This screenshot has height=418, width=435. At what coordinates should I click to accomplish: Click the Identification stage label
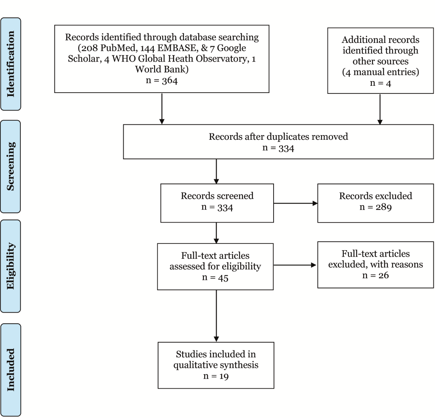[x=11, y=64]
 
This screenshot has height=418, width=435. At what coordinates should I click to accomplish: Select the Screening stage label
[x=11, y=167]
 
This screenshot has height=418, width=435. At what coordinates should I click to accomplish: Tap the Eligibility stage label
[x=11, y=266]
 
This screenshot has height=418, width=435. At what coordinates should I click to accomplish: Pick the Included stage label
[x=11, y=370]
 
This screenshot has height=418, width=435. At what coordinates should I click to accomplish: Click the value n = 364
[x=162, y=80]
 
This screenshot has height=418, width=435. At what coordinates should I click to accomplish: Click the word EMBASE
[x=176, y=48]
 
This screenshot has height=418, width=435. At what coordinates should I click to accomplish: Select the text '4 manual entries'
[x=380, y=72]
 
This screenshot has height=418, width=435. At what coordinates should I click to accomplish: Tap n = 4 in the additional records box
[x=380, y=83]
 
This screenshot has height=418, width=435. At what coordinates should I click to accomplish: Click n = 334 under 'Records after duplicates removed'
[x=278, y=148]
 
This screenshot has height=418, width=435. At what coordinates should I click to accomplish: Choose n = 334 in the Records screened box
[x=217, y=207]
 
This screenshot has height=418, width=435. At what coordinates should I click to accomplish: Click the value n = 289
[x=376, y=207]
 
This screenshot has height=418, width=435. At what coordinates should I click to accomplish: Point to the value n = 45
[x=215, y=277]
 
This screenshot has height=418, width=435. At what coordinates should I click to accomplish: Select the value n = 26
[x=376, y=275]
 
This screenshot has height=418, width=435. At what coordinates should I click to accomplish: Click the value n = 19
[x=216, y=376]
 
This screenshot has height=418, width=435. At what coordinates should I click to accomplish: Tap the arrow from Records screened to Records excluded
[x=296, y=203]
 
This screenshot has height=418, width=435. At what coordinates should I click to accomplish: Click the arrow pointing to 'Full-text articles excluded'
[x=295, y=265]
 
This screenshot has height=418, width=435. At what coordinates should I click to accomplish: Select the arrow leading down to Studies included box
[x=216, y=316]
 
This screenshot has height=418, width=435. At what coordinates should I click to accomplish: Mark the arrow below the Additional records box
[x=380, y=109]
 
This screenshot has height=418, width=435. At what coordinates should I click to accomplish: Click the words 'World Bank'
[x=162, y=69]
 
